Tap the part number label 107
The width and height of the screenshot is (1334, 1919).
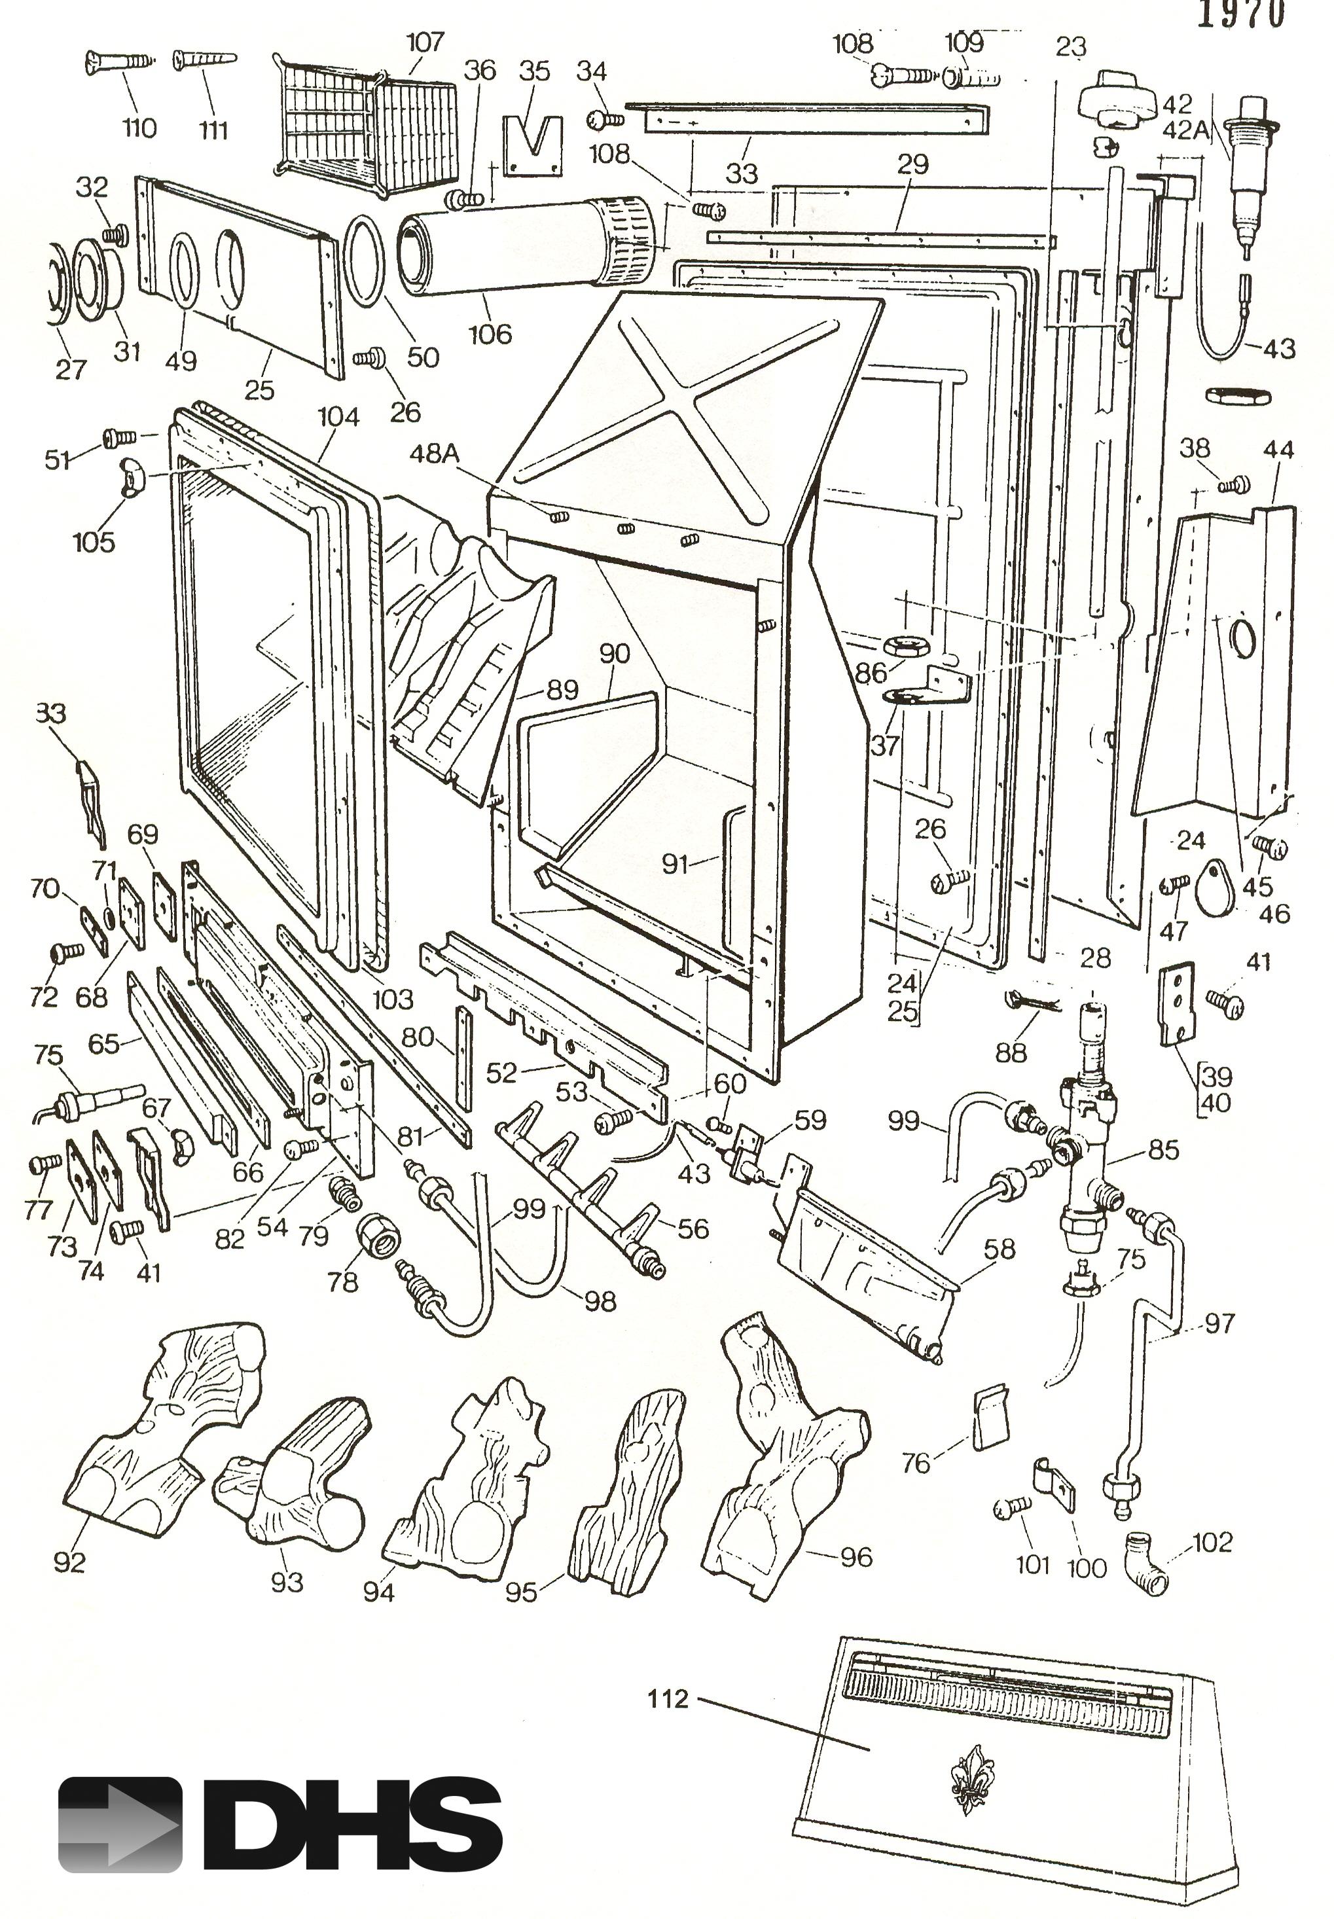click(x=425, y=42)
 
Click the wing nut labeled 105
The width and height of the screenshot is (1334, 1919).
click(x=131, y=476)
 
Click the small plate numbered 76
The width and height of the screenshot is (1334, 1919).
click(x=990, y=1418)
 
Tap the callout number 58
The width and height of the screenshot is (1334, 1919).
click(x=1000, y=1249)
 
